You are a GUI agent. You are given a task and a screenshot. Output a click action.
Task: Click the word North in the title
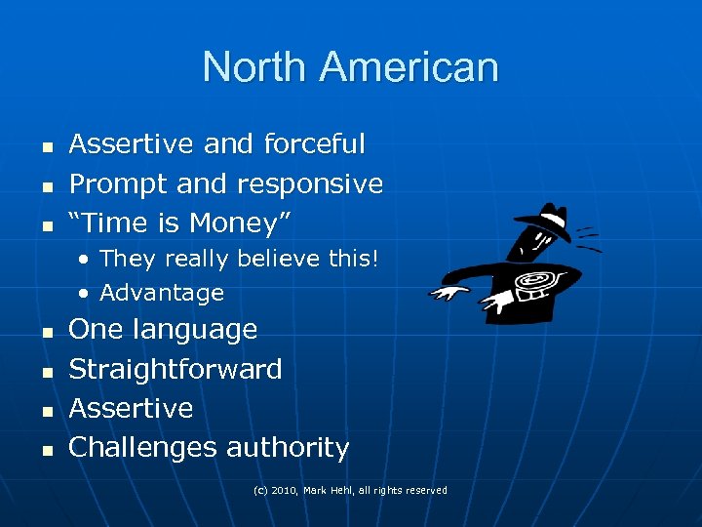point(255,67)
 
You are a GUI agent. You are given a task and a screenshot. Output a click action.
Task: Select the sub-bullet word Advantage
point(162,293)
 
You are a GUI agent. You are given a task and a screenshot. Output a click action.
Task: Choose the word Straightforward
point(175,369)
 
